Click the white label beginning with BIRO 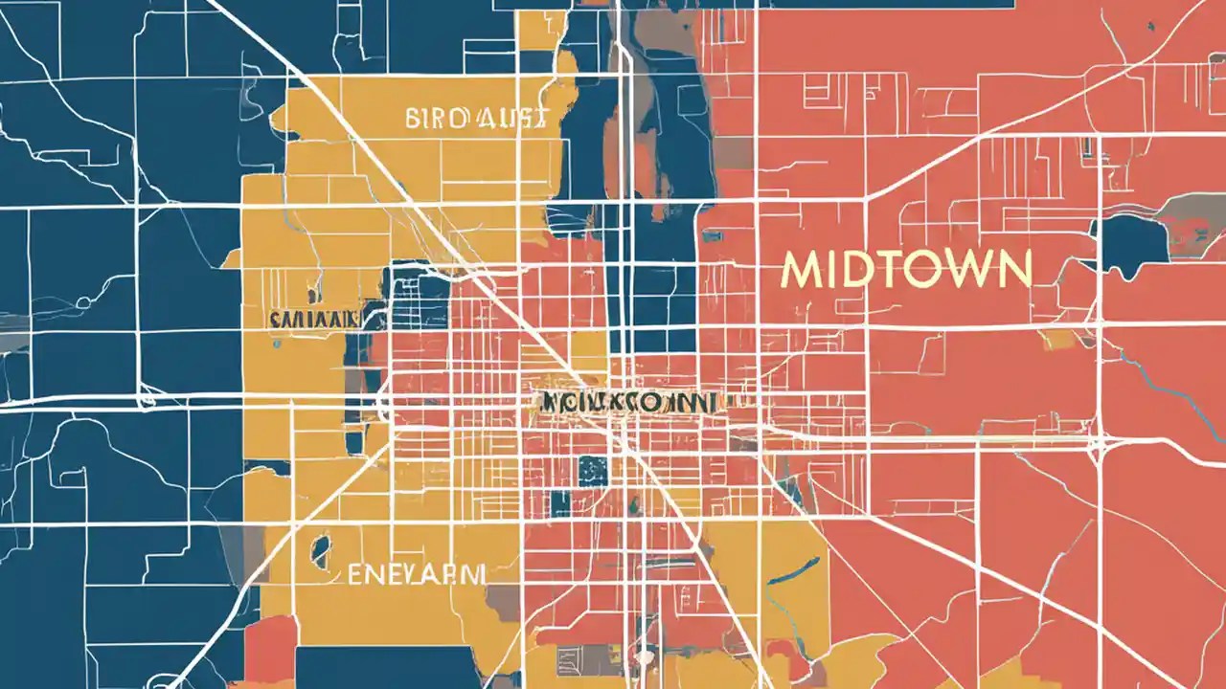(476, 119)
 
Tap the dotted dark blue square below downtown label (593, 470)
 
